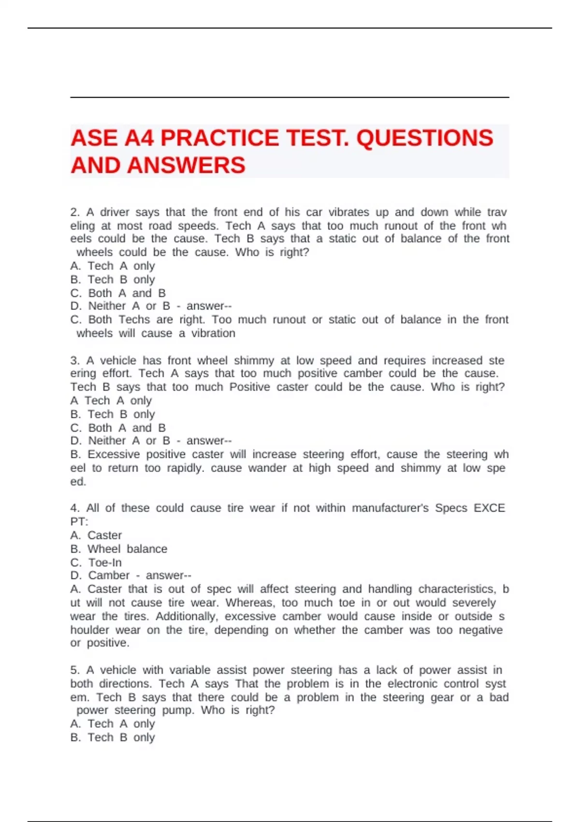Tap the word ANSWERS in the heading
pyautogui.click(x=187, y=165)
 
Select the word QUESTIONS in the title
pyautogui.click(x=424, y=138)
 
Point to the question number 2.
pyautogui.click(x=74, y=212)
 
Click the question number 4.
pyautogui.click(x=74, y=508)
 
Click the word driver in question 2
pyautogui.click(x=115, y=212)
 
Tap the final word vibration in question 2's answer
pyautogui.click(x=213, y=333)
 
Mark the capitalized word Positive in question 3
pyautogui.click(x=249, y=387)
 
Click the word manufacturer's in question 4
pyautogui.click(x=390, y=508)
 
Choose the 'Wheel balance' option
pyautogui.click(x=127, y=549)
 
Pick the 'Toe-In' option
pyautogui.click(x=105, y=562)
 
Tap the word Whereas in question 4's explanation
pyautogui.click(x=249, y=603)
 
